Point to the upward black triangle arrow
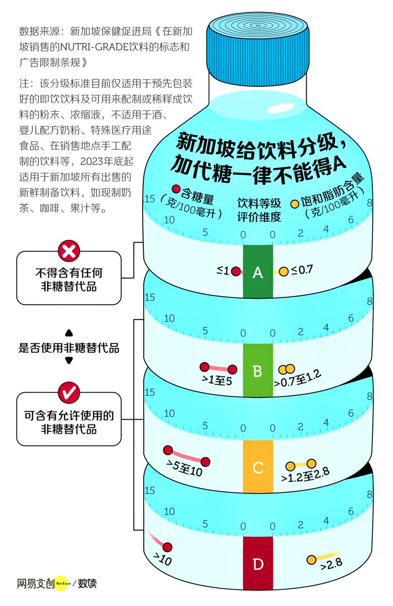69,333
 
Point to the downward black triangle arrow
69,361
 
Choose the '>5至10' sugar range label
184,470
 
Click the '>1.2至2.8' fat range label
305,475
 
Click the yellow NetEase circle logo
61,583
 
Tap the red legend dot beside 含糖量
176,189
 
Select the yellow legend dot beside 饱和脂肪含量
295,204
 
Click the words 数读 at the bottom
87,583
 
